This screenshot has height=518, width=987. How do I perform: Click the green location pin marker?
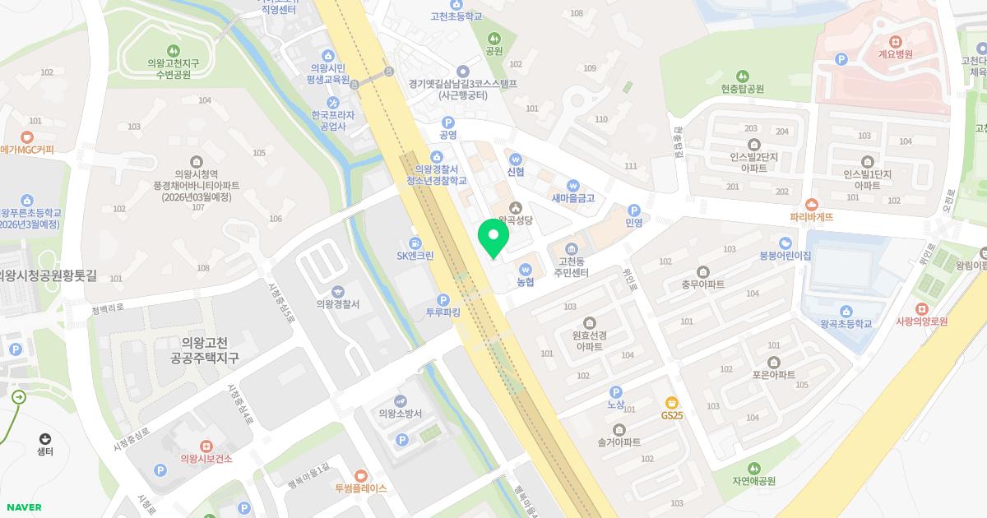(x=493, y=238)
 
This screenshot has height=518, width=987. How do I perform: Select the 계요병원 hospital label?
(x=896, y=54)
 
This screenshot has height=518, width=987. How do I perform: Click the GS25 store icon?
(x=672, y=402)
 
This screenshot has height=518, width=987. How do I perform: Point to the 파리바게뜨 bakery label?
(x=812, y=217)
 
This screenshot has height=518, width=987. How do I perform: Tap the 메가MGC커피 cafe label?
(x=27, y=150)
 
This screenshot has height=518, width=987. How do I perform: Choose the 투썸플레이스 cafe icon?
(x=360, y=475)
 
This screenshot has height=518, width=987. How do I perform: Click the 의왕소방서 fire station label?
(x=401, y=414)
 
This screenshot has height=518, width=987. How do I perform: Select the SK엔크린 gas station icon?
(x=415, y=243)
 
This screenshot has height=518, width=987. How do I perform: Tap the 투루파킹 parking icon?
(x=443, y=300)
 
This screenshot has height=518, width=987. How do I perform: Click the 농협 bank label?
(x=526, y=282)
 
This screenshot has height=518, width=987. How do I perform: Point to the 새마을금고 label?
(x=573, y=198)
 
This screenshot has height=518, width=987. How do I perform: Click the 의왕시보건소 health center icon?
(x=206, y=446)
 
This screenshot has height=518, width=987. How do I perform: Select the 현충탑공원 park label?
(x=743, y=89)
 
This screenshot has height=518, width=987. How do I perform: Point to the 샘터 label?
(x=45, y=451)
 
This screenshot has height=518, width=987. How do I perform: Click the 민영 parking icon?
(x=633, y=210)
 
